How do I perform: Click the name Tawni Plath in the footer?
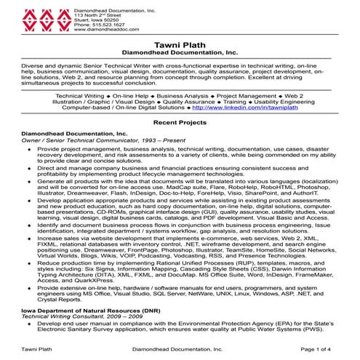pyautogui.click(x=36, y=349)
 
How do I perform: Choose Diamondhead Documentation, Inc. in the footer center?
pyautogui.click(x=180, y=349)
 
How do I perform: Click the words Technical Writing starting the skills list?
pyautogui.click(x=79, y=95)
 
